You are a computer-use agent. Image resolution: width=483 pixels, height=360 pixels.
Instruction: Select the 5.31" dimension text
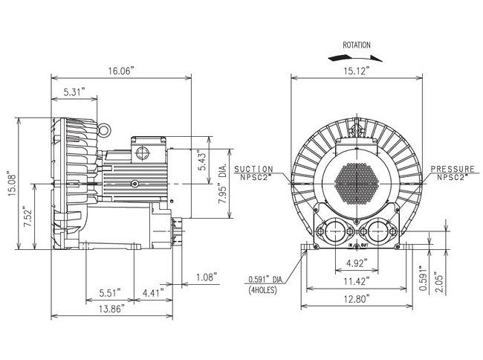pos(74,91)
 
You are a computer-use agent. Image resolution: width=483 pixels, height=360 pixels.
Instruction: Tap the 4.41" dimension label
pos(155,292)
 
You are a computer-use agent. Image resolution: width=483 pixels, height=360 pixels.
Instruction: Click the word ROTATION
pos(357,45)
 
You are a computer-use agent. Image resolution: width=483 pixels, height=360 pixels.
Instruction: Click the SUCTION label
pos(253,170)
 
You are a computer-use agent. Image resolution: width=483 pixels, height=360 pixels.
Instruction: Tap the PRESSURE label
pos(453,170)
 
